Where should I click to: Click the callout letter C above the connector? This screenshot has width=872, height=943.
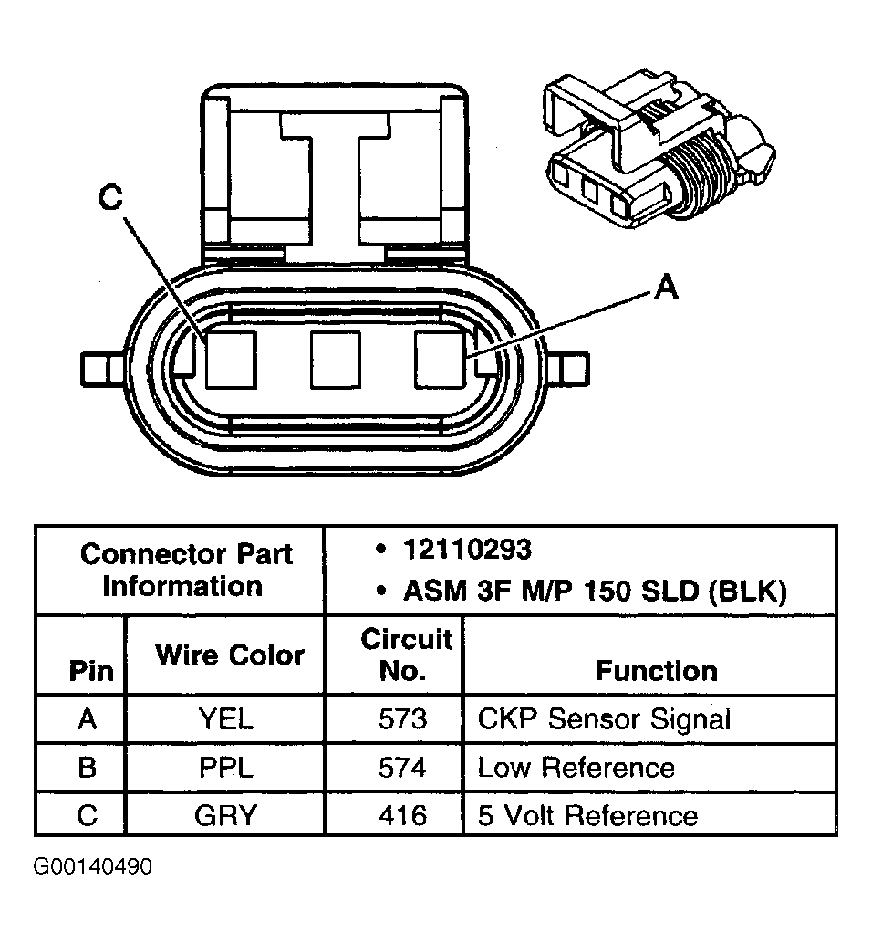coord(111,198)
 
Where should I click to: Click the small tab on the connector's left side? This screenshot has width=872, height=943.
coord(98,369)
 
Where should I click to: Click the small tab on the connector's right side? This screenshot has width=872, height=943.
coord(572,370)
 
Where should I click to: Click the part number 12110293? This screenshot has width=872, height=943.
coord(466,550)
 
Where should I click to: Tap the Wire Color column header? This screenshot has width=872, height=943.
coord(229,655)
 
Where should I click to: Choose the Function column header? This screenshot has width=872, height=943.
coord(656,671)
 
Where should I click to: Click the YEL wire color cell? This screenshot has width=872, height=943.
coord(226,719)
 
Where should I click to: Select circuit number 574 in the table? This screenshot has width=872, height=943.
coord(402,767)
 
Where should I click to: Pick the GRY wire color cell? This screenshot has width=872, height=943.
coord(226,814)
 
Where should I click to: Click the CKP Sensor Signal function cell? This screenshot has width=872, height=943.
coord(604,719)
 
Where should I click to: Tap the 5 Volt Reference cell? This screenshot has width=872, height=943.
coord(587,814)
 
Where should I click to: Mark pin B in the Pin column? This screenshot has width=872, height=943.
coord(88,767)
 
